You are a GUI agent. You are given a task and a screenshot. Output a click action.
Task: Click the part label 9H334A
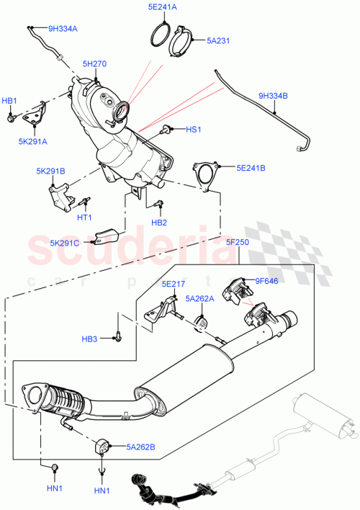(64, 30)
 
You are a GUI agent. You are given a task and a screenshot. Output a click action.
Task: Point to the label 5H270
(94, 63)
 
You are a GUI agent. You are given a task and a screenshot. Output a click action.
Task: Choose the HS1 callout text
(194, 130)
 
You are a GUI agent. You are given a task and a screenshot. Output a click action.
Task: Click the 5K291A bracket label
(33, 141)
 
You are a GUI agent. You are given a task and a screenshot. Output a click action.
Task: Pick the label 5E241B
(251, 168)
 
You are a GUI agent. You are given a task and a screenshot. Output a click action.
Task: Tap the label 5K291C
(66, 242)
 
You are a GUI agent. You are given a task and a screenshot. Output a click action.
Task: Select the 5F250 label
(237, 242)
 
